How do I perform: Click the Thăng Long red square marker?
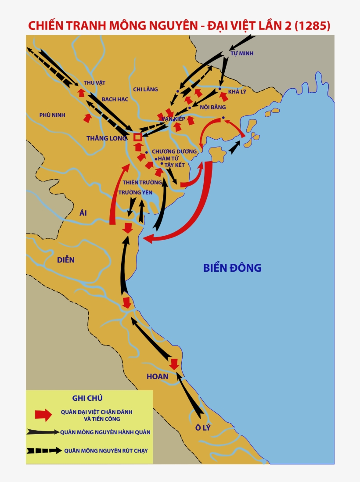tap(137, 137)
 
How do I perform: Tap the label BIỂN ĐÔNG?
tap(232, 267)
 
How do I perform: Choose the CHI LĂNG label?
tap(145, 89)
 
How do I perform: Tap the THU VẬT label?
tap(94, 83)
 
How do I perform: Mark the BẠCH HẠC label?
tap(115, 99)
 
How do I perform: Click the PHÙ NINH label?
tap(52, 115)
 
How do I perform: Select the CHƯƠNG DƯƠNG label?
tap(174, 151)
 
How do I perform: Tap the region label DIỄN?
tap(66, 259)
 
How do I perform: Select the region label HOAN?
tap(158, 376)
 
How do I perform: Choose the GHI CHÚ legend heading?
tap(87, 398)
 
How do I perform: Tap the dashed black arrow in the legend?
tap(44, 450)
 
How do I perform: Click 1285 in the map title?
tap(313, 26)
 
